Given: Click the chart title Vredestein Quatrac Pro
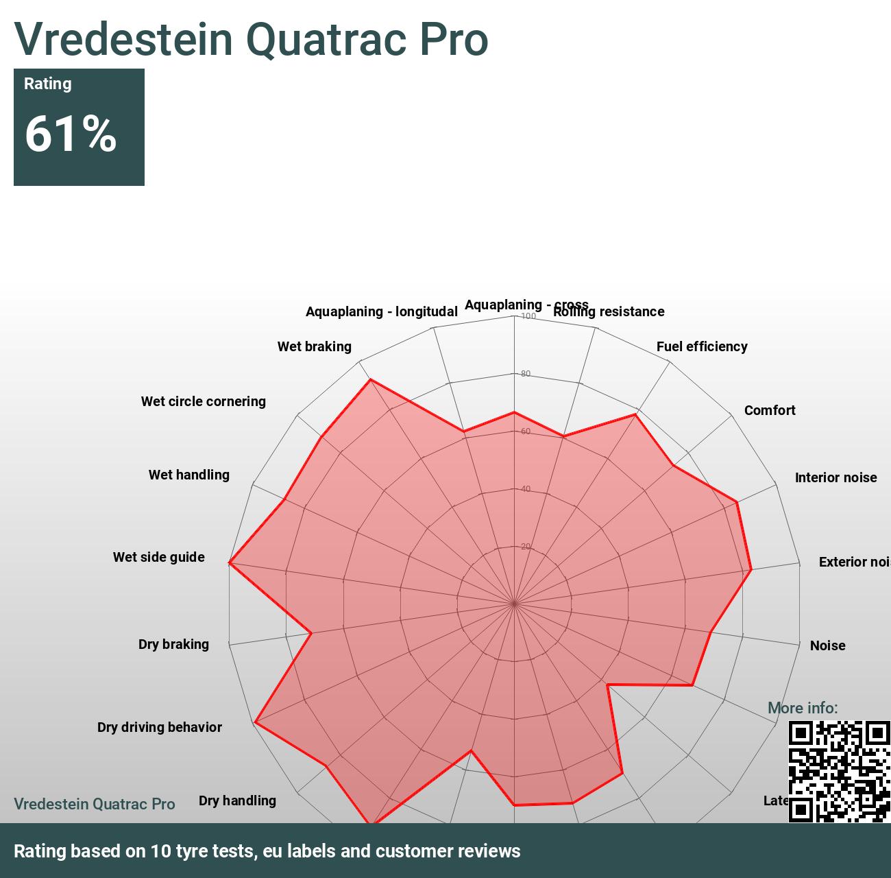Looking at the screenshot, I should pyautogui.click(x=251, y=39).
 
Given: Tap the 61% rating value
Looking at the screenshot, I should pyautogui.click(x=71, y=134).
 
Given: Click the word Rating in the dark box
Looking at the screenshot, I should pyautogui.click(x=47, y=84).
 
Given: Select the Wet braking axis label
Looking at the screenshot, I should pyautogui.click(x=314, y=346).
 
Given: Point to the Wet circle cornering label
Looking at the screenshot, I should pyautogui.click(x=203, y=401).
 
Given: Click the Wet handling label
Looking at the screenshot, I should pyautogui.click(x=188, y=475).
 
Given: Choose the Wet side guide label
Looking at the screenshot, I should pyautogui.click(x=158, y=557).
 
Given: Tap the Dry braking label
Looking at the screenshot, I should pyautogui.click(x=173, y=644).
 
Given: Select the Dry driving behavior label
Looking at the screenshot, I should pyautogui.click(x=159, y=727).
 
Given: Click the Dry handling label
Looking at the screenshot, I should pyautogui.click(x=237, y=800).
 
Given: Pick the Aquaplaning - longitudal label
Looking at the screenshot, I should pyautogui.click(x=381, y=311).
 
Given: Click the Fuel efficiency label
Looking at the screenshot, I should pyautogui.click(x=701, y=346).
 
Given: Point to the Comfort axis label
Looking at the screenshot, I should pyautogui.click(x=769, y=410).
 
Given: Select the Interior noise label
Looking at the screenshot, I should pyautogui.click(x=835, y=477).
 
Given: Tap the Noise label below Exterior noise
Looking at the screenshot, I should pyautogui.click(x=827, y=645).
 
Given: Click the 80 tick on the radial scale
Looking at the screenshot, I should pyautogui.click(x=526, y=374).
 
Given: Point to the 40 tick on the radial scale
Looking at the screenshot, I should pyautogui.click(x=526, y=489).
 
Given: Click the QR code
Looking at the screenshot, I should pyautogui.click(x=839, y=771).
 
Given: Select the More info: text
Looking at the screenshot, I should pyautogui.click(x=802, y=708).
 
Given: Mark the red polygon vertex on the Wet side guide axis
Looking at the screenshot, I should pyautogui.click(x=230, y=563).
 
